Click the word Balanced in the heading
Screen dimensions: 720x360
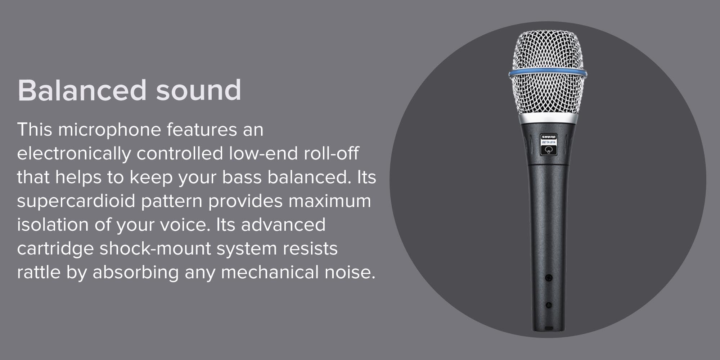point(82,90)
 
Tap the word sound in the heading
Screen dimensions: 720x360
point(198,90)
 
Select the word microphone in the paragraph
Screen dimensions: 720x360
point(109,130)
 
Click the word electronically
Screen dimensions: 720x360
point(74,154)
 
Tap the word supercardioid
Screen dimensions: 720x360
point(76,201)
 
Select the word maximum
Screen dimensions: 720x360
point(330,201)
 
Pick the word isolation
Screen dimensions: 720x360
point(53,225)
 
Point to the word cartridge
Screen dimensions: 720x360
point(55,249)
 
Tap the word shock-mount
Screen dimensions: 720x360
point(155,249)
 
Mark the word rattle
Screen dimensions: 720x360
point(39,272)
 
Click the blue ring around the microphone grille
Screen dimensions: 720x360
point(548,73)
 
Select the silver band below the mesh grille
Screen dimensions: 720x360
point(548,119)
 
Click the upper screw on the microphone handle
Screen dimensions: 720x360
point(548,278)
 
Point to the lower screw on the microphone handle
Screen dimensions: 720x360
point(549,305)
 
